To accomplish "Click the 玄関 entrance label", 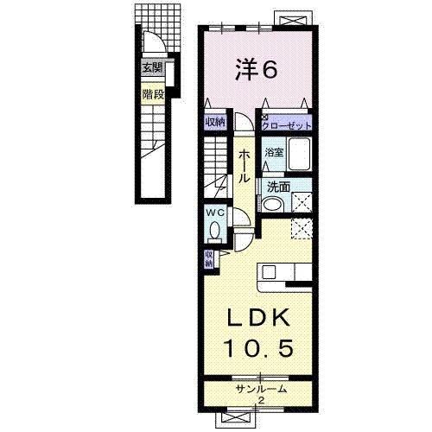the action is point(153,68).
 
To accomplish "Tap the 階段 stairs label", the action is point(153,94).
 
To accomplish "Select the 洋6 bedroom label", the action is point(257,69).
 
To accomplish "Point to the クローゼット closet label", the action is point(287,125).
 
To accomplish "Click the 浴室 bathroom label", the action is point(274,152).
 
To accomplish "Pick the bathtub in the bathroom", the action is point(300,155).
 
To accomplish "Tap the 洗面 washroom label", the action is point(278,187).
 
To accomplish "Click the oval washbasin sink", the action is point(272,204).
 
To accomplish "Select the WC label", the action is point(215,213).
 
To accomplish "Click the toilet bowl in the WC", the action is point(215,231).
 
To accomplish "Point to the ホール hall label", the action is point(244,166).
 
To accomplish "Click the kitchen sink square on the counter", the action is point(269,271).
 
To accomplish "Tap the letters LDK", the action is point(258,317).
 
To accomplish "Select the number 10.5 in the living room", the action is point(259,348).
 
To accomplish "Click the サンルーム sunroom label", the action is point(261,389).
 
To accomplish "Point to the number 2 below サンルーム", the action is point(262,400).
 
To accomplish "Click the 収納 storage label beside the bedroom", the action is point(215,122).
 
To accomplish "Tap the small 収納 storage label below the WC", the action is point(208,259).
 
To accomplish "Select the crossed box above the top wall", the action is point(293,18).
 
